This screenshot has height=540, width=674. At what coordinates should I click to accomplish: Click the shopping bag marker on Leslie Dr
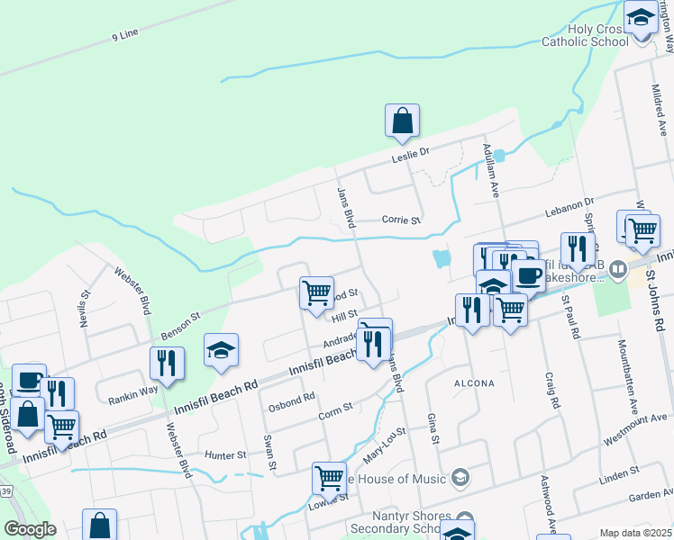(x=402, y=121)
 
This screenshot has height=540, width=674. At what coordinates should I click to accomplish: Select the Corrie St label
(x=401, y=219)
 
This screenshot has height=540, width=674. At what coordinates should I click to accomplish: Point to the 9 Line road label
(x=125, y=33)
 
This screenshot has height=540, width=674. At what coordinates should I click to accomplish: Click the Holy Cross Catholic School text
(x=585, y=35)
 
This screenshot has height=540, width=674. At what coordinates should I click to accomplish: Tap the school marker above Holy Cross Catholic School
(x=641, y=18)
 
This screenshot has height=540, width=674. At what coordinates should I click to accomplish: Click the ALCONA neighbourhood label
(x=473, y=383)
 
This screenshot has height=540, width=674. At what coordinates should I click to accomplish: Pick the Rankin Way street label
(x=133, y=390)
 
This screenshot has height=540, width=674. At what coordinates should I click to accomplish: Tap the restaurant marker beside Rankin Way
(x=167, y=364)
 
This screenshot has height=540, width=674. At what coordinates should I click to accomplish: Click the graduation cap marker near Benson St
(x=222, y=350)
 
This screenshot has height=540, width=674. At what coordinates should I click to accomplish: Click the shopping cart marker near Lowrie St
(x=329, y=478)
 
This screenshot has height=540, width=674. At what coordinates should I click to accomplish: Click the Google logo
(x=30, y=528)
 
